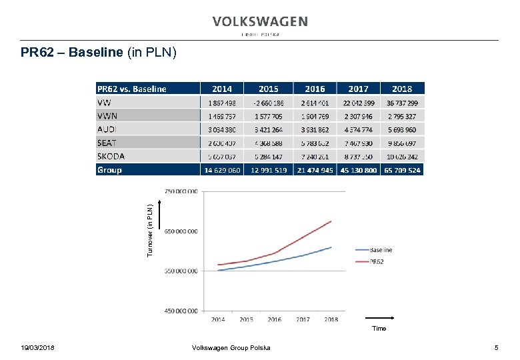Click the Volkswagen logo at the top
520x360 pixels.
point(260,22)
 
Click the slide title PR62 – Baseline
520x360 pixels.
point(99,52)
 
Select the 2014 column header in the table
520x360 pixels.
point(221,89)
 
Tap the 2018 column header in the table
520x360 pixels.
point(401,89)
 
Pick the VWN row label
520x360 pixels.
point(107,115)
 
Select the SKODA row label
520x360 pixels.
point(111,156)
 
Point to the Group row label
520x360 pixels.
point(109,170)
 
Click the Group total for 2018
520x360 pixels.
point(401,170)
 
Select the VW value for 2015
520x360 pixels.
point(268,103)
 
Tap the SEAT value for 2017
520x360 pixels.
point(358,143)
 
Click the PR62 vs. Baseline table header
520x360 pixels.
point(132,89)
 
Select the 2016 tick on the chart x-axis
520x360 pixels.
point(275,319)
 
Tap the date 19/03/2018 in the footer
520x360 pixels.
point(38,348)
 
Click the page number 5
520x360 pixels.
point(496,348)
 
